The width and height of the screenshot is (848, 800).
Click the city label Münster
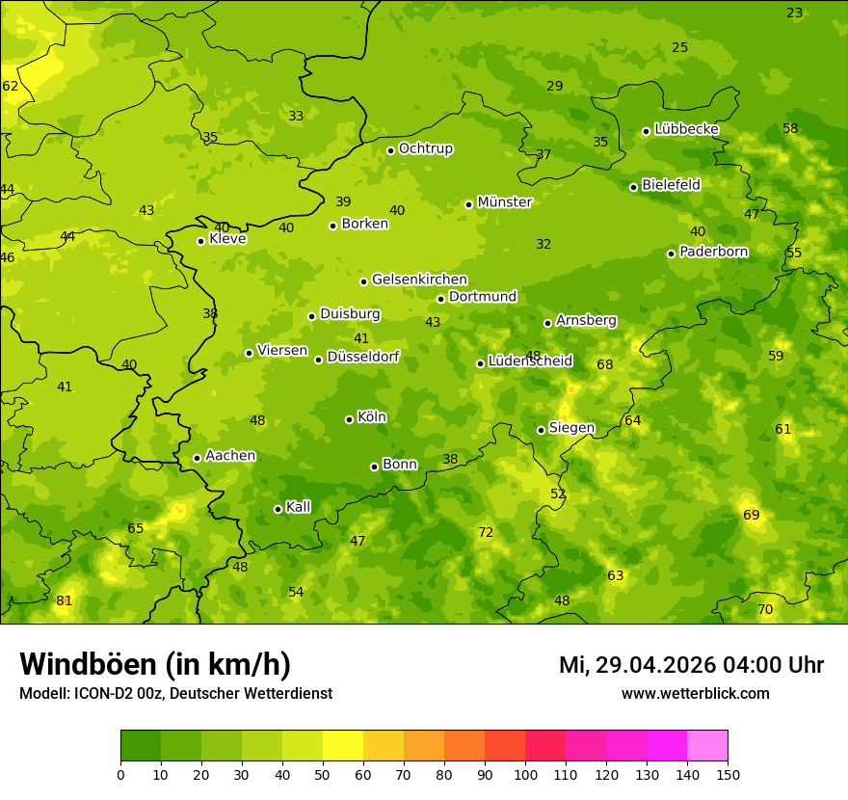(504, 202)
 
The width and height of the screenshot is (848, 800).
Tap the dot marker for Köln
(349, 419)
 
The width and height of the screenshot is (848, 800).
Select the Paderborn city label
(713, 252)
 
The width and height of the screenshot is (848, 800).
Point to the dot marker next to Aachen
(197, 458)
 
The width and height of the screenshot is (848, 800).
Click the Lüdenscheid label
(530, 361)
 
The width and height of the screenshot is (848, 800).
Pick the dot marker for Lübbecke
(646, 131)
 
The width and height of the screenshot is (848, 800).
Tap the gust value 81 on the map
(65, 600)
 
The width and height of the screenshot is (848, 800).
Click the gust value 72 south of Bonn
(486, 532)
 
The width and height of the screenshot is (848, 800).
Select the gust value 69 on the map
(752, 515)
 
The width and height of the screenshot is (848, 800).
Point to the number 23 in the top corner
(794, 13)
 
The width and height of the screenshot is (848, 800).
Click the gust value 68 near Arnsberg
(605, 364)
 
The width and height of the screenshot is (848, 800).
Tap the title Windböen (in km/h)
(155, 664)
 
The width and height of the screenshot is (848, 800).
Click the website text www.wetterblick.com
(695, 693)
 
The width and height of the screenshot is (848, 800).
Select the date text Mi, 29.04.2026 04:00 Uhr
(691, 665)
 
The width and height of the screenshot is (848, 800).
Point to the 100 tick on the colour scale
(525, 774)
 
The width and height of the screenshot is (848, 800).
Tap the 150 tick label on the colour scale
(728, 774)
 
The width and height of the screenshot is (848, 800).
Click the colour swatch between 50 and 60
(343, 746)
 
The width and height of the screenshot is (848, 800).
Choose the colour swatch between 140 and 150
(707, 746)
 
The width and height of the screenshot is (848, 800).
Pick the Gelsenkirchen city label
(419, 280)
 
